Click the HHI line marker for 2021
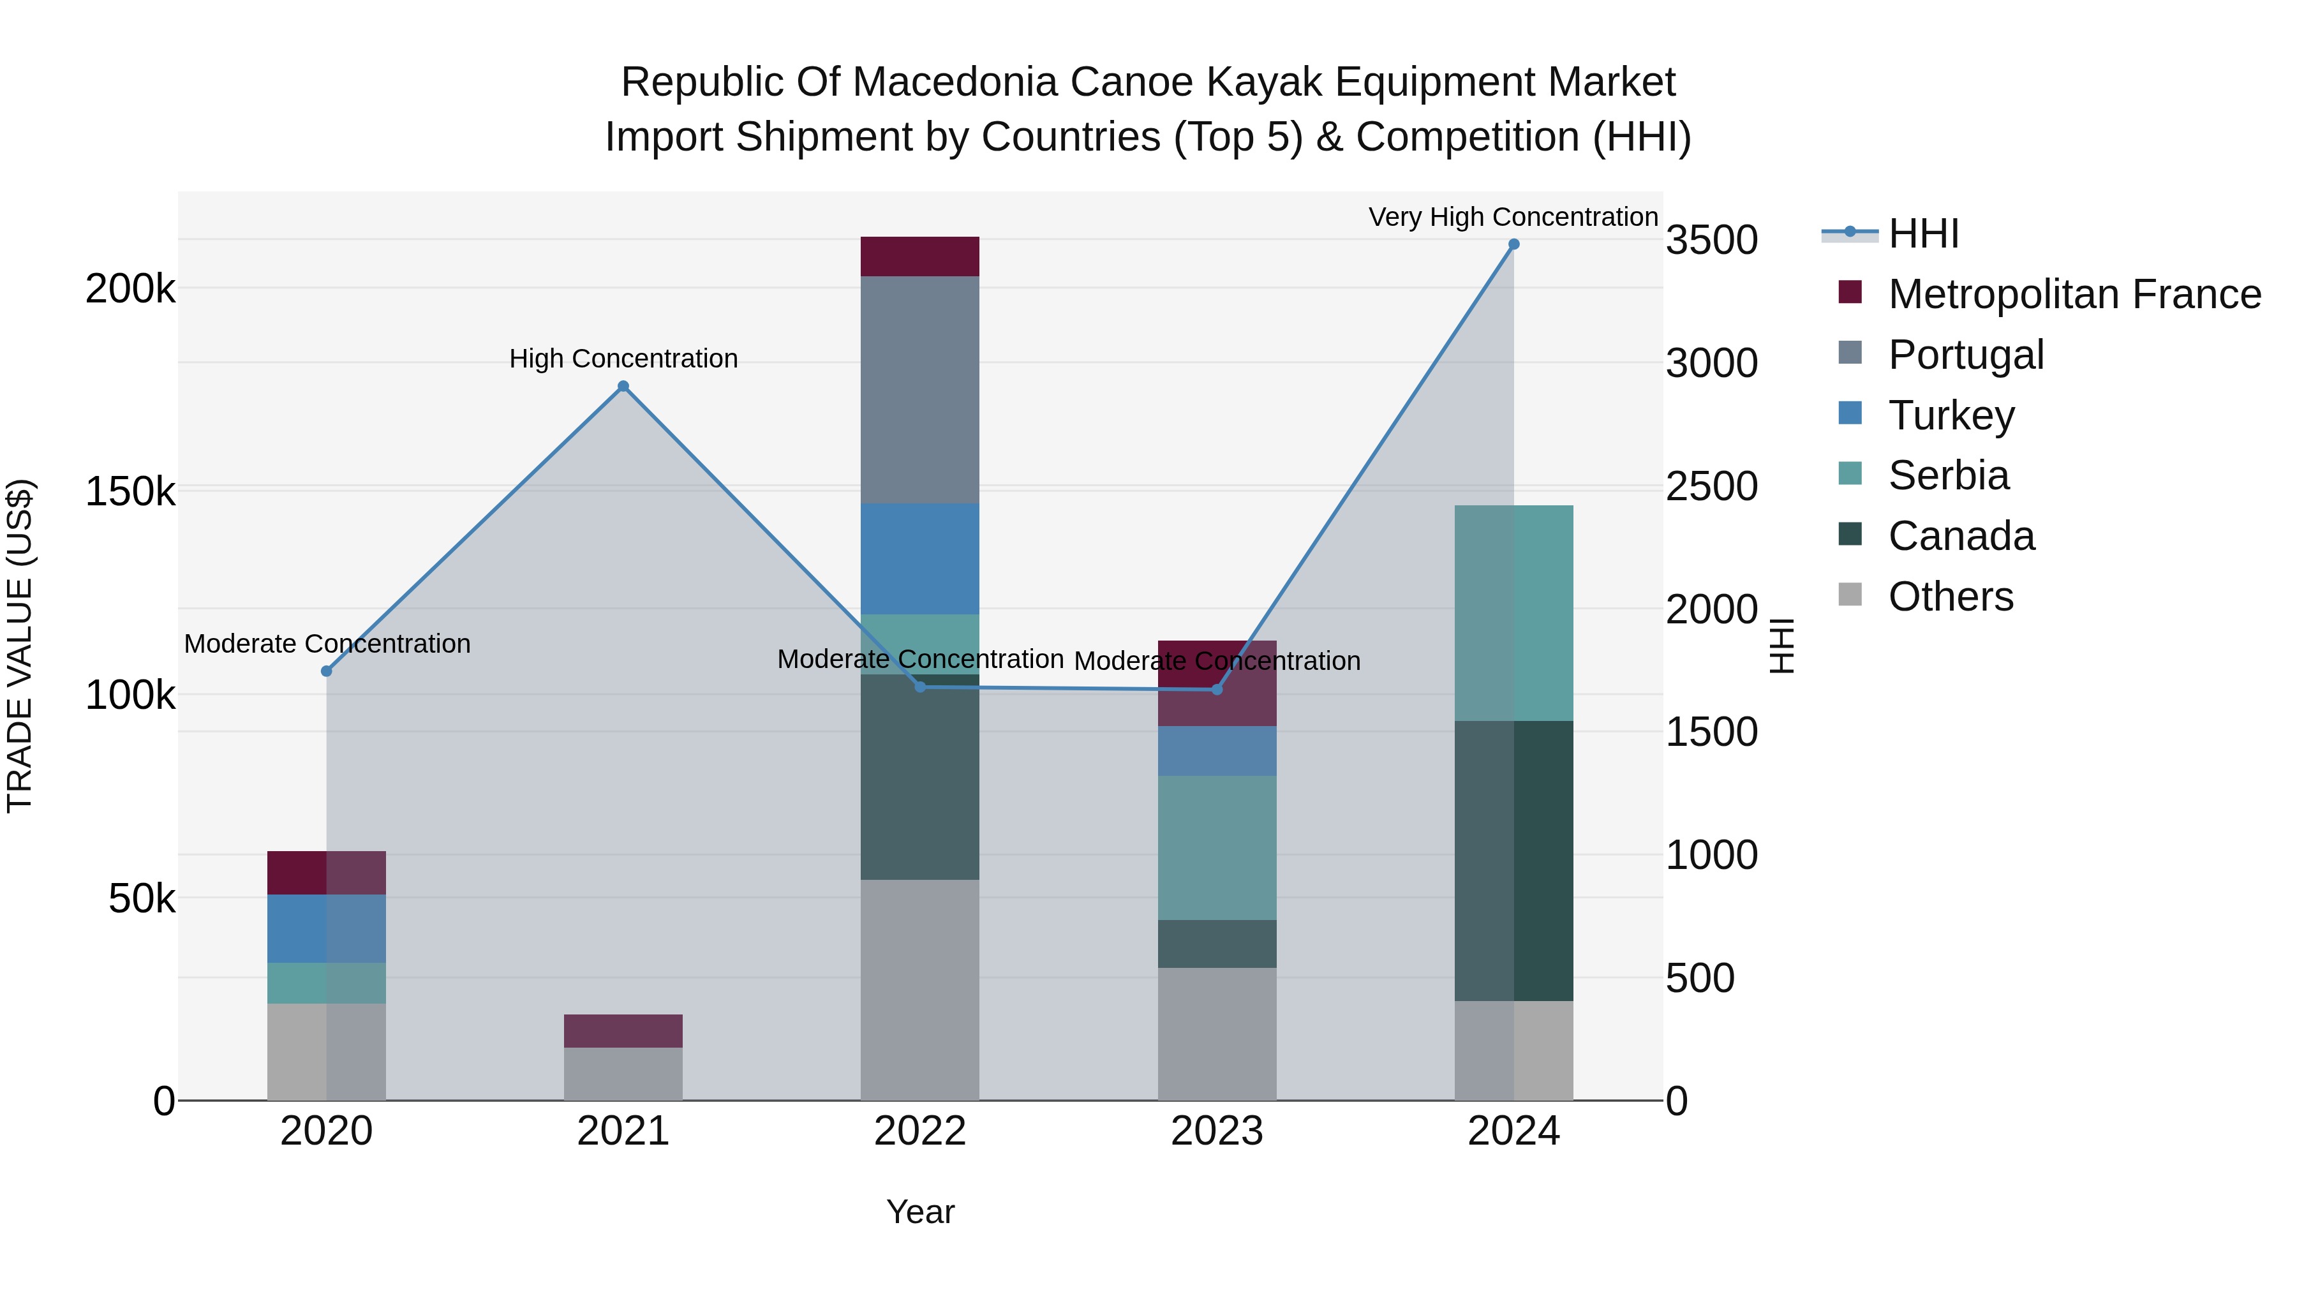click(x=623, y=386)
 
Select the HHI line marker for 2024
click(x=1513, y=244)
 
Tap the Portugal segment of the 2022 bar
click(x=919, y=390)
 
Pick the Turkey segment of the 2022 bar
click(x=919, y=559)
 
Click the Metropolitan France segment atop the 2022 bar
click(x=919, y=256)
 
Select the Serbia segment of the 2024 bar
click(x=1513, y=613)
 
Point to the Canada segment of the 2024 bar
click(x=1513, y=861)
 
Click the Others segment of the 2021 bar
click(x=623, y=1074)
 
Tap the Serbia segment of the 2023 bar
click(x=1216, y=847)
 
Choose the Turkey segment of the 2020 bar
click(x=326, y=928)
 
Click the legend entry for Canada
click(x=1961, y=536)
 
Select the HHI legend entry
click(x=1922, y=234)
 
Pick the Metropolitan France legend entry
click(x=2073, y=294)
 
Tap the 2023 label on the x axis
click(x=1216, y=1131)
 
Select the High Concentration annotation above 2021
click(x=623, y=359)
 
